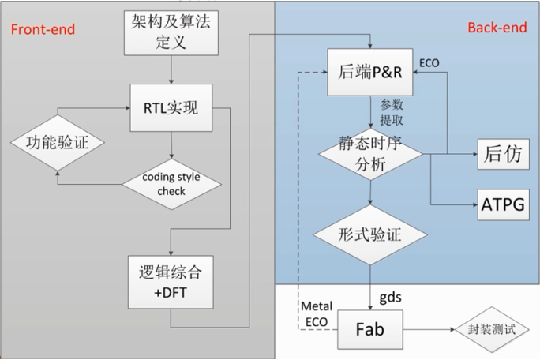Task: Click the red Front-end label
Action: (x=43, y=29)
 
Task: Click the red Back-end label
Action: (x=497, y=28)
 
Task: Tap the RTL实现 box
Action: (x=171, y=109)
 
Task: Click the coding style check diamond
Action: (x=171, y=182)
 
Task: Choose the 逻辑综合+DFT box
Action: (x=171, y=283)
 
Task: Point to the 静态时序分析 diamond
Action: (x=370, y=153)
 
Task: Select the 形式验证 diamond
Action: (x=370, y=234)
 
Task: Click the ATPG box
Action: (x=502, y=204)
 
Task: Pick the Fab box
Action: (x=370, y=328)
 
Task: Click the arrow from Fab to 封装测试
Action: (x=427, y=328)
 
